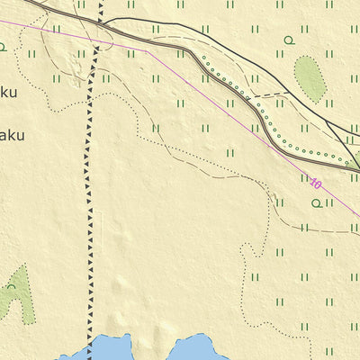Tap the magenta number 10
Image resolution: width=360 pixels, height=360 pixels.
point(315,184)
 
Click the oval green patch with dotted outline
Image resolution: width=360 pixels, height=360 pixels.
point(310,77)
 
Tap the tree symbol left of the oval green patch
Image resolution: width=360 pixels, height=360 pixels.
point(289,40)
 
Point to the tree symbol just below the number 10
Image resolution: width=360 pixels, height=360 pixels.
point(316,203)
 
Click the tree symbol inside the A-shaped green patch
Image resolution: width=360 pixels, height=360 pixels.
point(11,287)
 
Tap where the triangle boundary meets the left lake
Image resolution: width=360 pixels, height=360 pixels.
point(89,340)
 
